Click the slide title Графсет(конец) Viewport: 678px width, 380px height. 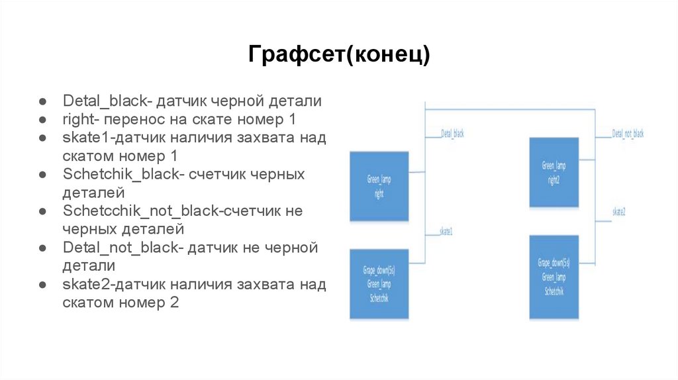tap(339, 54)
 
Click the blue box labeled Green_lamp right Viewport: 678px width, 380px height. tap(379, 186)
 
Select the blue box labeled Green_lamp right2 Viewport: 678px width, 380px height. tap(554, 171)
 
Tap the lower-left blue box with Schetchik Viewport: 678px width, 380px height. tap(379, 284)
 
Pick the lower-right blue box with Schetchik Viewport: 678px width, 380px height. tap(554, 277)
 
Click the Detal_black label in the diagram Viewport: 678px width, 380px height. tap(452, 134)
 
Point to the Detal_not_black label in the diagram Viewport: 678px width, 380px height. tap(628, 134)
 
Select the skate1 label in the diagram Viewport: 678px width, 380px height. tap(446, 232)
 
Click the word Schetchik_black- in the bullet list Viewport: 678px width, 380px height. tap(122, 175)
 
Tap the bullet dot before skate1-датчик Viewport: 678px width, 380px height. tap(41, 138)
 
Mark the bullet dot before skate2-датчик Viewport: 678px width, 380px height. tap(41, 285)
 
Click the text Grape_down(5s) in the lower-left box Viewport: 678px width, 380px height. tap(379, 271)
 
